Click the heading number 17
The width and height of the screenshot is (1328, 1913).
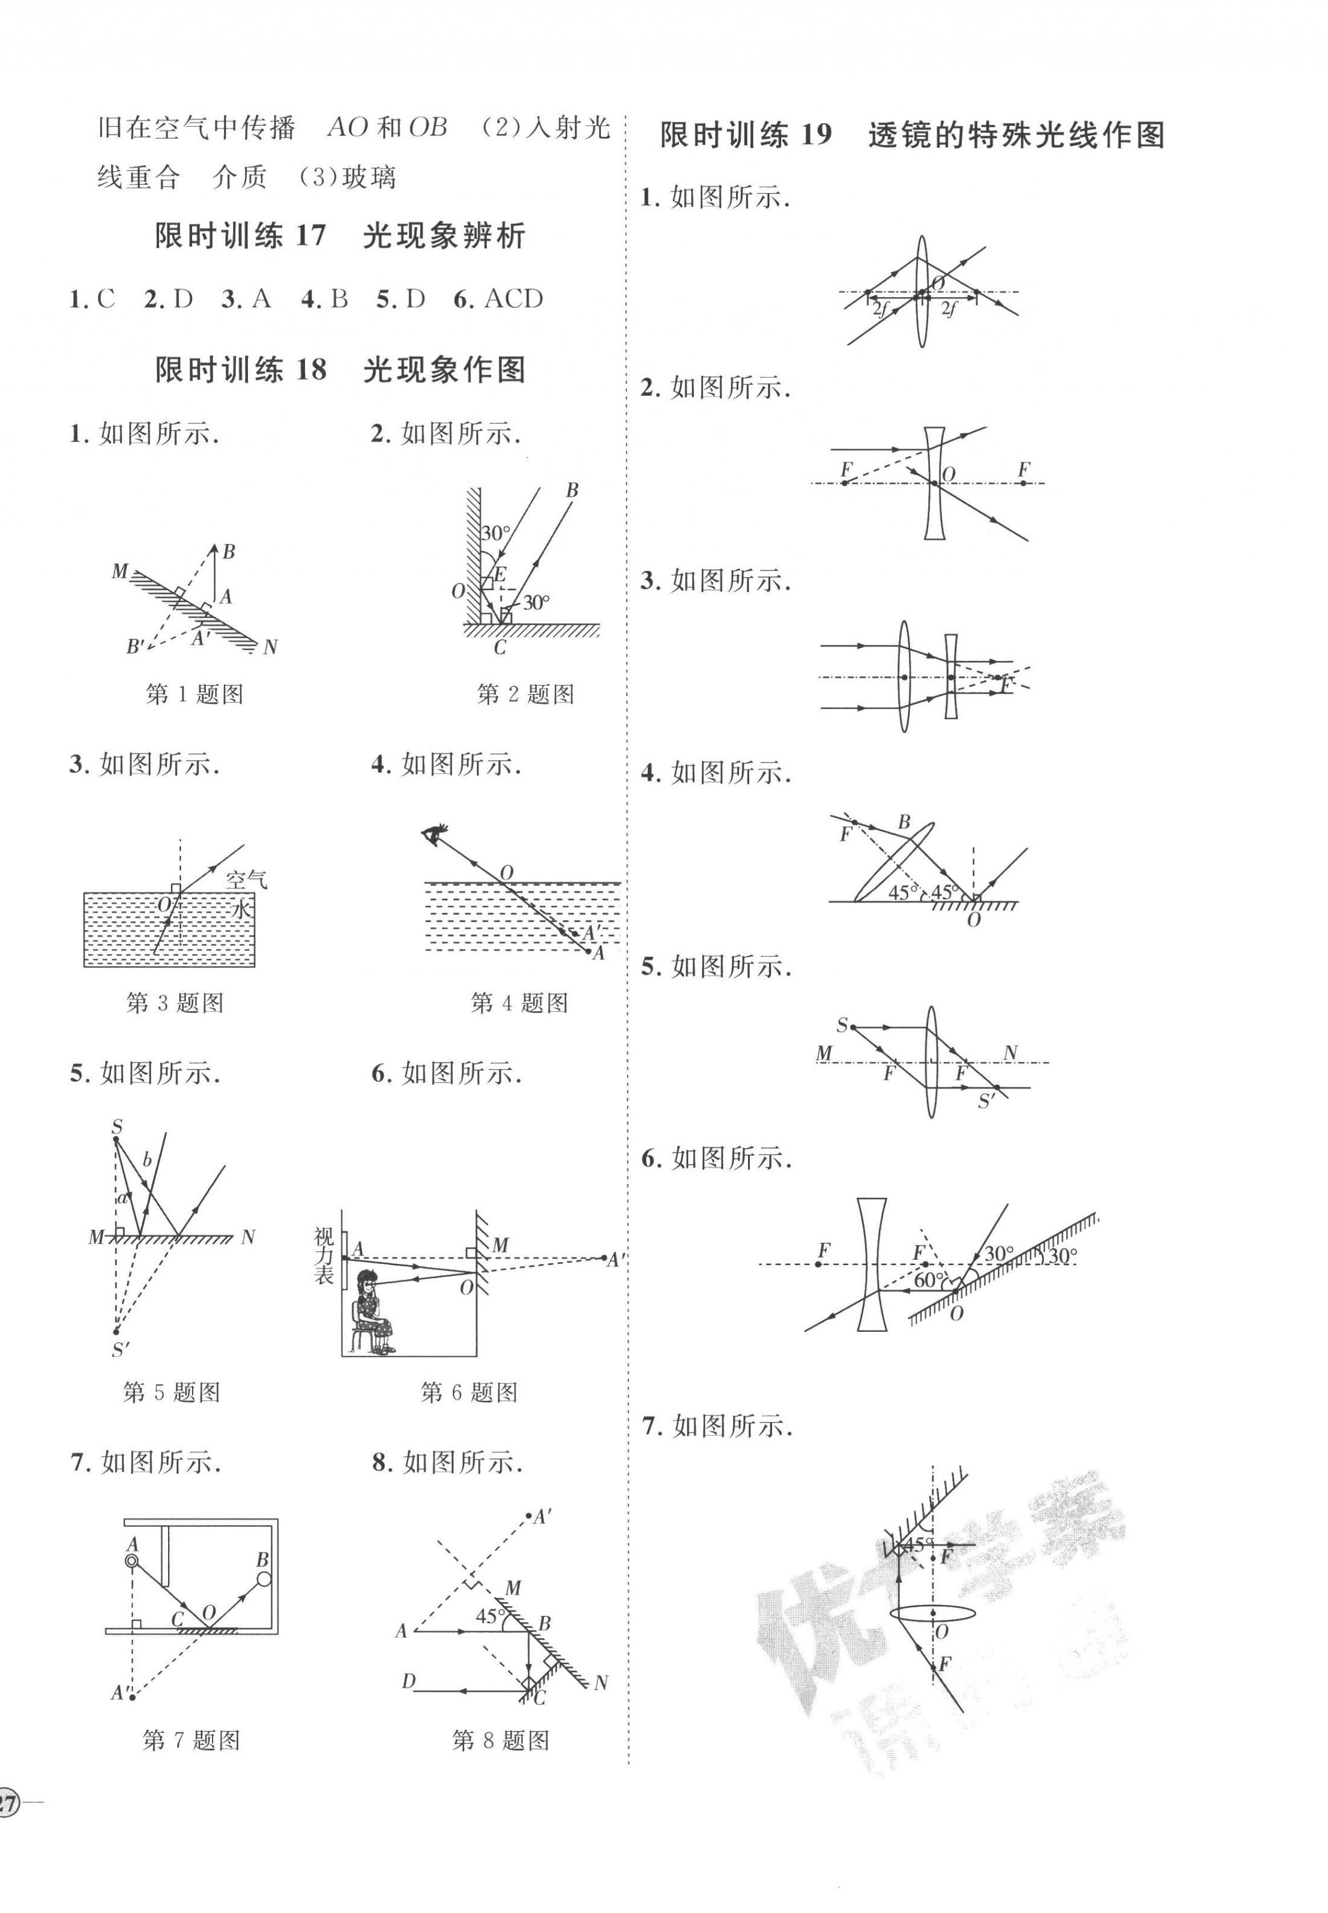coord(310,237)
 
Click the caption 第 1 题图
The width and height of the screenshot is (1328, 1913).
coord(194,694)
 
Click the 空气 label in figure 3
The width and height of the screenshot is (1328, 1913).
coord(246,880)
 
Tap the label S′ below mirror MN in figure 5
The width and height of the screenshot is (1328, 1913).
coord(121,1350)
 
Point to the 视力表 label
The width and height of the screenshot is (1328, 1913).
coord(325,1256)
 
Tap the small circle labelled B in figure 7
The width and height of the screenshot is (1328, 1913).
coord(264,1579)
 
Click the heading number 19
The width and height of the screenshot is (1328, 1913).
coord(815,135)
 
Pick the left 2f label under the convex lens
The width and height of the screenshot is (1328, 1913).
coord(880,310)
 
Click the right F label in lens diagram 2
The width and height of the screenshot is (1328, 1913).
coord(1022,470)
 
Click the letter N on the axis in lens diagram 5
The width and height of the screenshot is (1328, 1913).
coord(1010,1053)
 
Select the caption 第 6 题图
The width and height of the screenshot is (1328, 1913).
coord(469,1392)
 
